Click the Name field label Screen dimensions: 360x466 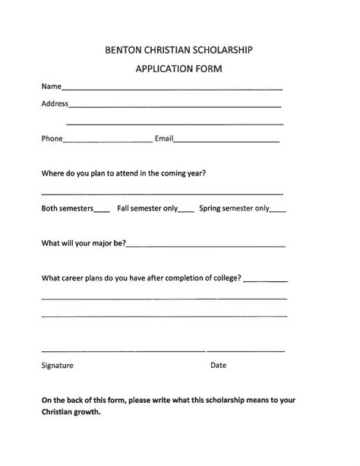pos(50,87)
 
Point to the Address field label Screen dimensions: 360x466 pos(55,103)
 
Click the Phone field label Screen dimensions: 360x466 pos(52,139)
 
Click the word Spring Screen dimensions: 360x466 pos(210,208)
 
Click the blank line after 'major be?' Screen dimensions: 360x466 pos(207,246)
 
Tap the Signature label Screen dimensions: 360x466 pos(57,366)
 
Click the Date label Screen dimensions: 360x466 pos(218,366)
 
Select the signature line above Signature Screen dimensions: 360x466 pos(123,351)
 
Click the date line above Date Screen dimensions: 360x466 pos(247,351)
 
